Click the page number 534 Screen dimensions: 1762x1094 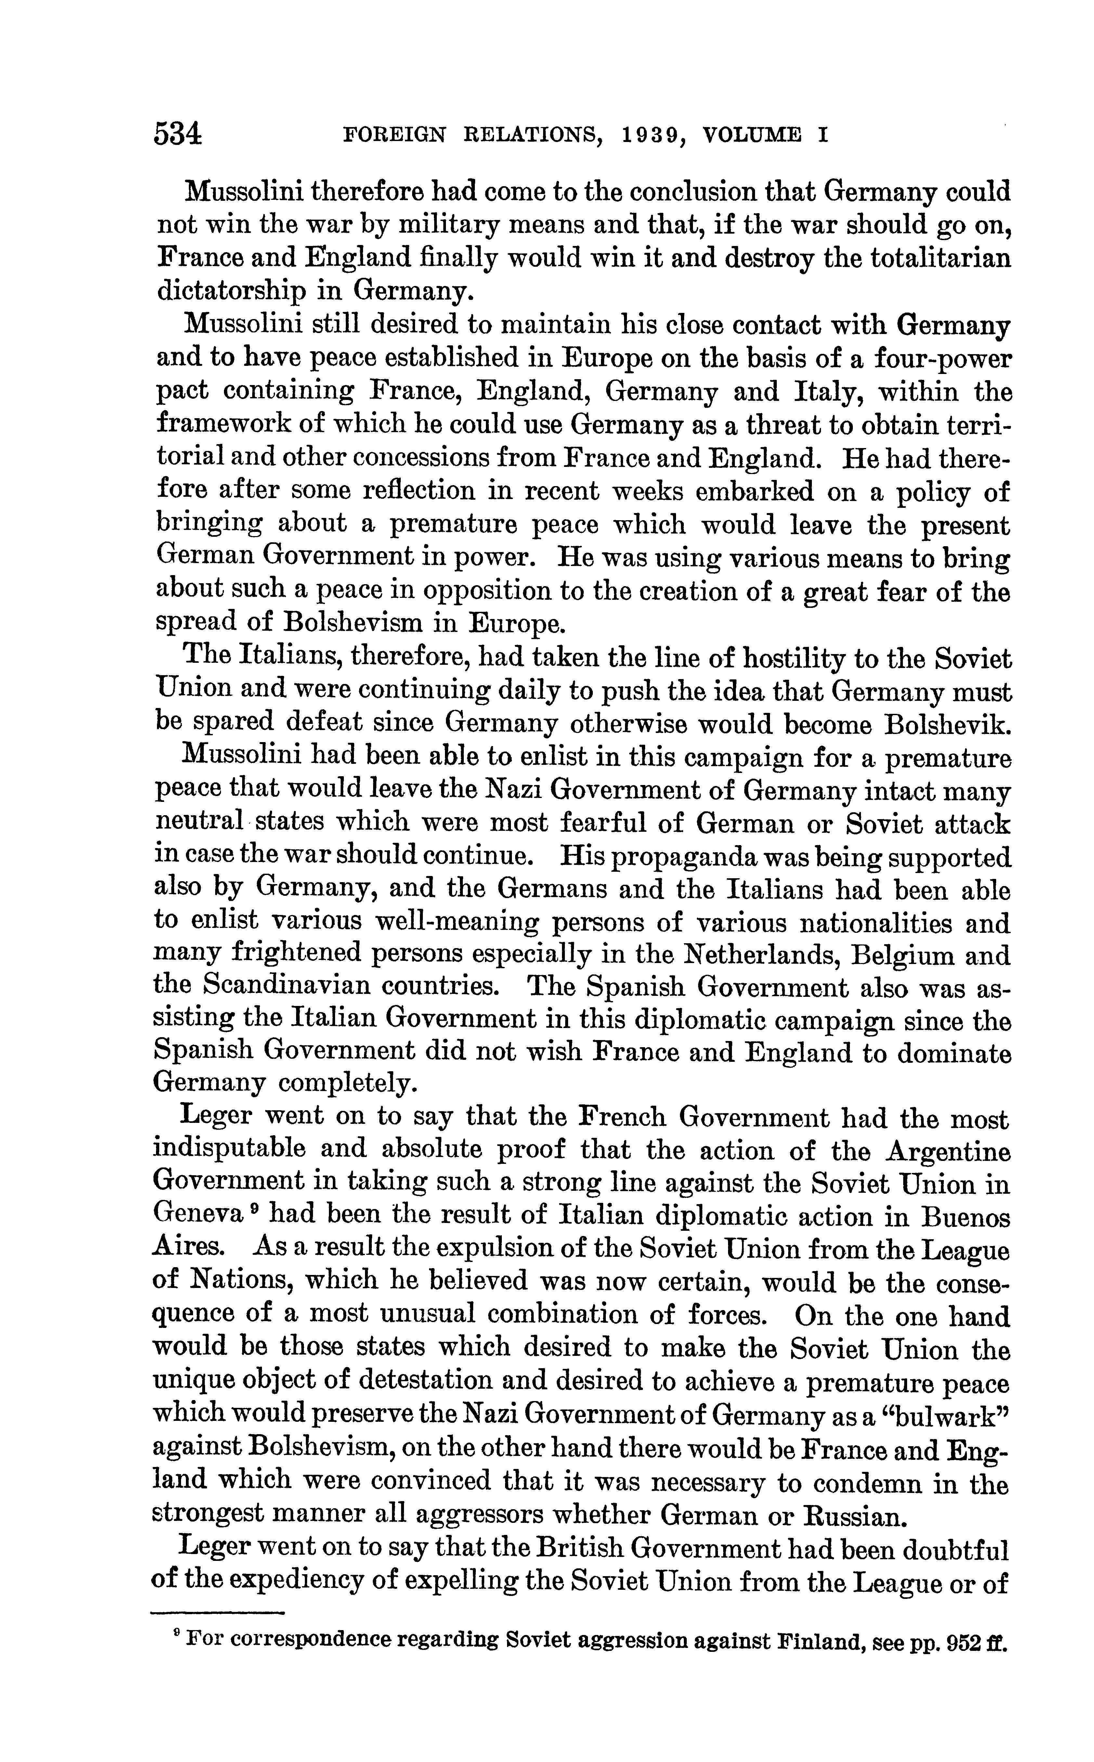point(178,135)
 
